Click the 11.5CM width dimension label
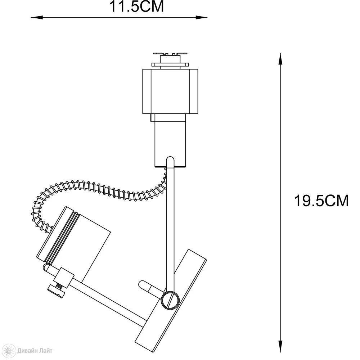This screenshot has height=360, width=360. (x=136, y=6)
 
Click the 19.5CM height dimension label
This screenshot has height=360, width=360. (x=321, y=201)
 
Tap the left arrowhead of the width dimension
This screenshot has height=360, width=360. (x=37, y=17)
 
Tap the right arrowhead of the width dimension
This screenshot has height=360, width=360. (x=201, y=17)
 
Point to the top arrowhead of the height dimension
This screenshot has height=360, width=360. (x=280, y=59)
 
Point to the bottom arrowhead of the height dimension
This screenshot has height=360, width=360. (x=280, y=346)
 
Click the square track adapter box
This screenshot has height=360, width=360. (x=170, y=91)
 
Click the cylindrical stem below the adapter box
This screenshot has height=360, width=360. (x=170, y=140)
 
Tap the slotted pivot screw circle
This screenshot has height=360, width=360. (x=170, y=300)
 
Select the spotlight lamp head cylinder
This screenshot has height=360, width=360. (x=74, y=243)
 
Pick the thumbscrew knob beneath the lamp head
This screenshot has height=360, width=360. (x=56, y=291)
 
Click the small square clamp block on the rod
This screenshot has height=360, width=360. (x=64, y=278)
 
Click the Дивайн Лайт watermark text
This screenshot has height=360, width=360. (x=35, y=351)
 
